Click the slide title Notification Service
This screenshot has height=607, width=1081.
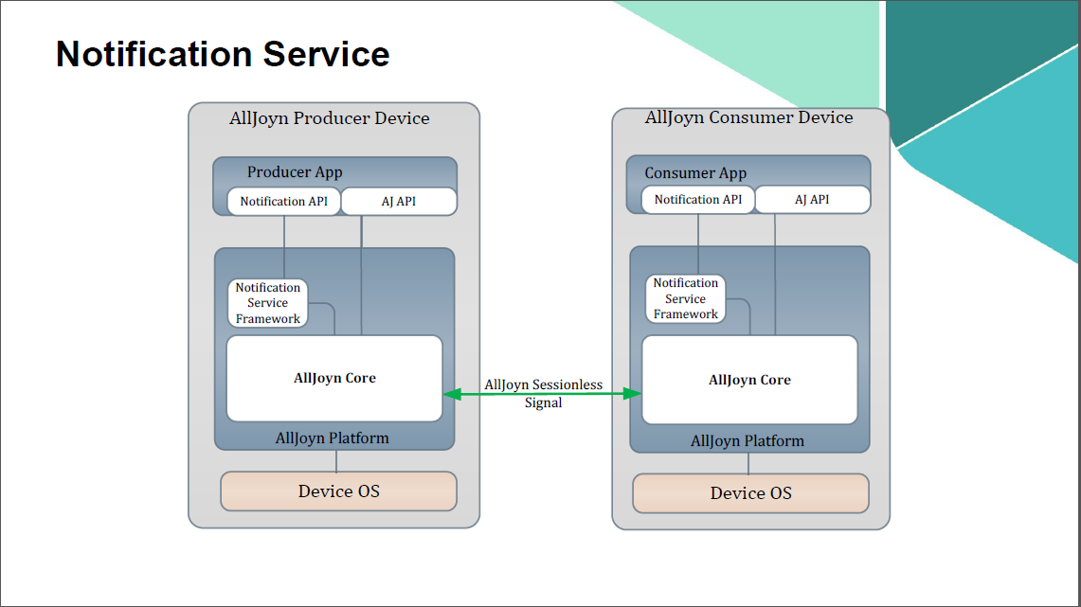pos(223,54)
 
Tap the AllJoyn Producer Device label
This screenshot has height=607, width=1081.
pos(330,118)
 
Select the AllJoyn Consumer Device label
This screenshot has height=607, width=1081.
pos(748,117)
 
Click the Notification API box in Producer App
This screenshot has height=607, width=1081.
pos(283,202)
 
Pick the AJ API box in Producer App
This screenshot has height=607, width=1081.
pos(399,202)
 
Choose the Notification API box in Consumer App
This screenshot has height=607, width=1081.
pos(698,200)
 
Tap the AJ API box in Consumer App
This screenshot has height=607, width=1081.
pos(812,200)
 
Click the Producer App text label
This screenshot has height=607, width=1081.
pos(295,172)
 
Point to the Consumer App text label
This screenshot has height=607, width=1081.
pos(695,173)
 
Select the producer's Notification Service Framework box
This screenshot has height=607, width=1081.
pos(268,303)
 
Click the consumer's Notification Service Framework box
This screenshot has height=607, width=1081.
pos(685,298)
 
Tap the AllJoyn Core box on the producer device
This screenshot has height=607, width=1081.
pos(334,378)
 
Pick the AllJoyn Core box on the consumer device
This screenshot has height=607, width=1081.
pos(749,380)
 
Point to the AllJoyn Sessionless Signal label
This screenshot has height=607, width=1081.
pos(543,394)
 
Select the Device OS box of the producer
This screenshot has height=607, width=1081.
pos(338,491)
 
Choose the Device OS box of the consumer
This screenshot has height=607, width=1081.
pos(750,492)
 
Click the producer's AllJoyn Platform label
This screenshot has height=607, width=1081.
pos(332,438)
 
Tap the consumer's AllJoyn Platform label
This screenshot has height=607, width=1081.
pos(748,441)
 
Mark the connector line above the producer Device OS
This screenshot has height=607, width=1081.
pos(336,461)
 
